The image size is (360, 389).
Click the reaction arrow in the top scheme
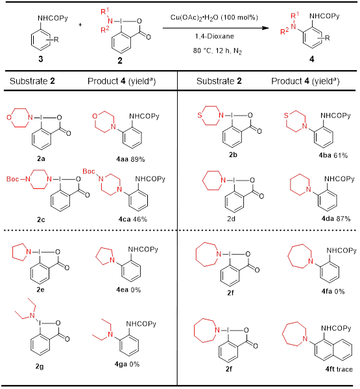click(215, 28)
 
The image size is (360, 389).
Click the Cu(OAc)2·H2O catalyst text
click(214, 18)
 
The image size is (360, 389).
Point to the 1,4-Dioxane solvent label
click(214, 36)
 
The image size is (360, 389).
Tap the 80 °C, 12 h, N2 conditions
click(217, 51)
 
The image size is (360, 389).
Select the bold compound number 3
click(41, 59)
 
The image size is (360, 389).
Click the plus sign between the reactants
click(80, 25)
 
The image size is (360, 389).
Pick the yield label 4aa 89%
click(130, 159)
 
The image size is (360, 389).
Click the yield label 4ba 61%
click(333, 156)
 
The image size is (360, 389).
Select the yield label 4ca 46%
click(133, 220)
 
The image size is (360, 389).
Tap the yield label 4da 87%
click(336, 219)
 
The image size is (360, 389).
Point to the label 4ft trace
click(339, 369)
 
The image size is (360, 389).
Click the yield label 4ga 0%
click(127, 364)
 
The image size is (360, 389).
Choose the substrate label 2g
click(40, 366)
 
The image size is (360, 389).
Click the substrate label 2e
click(41, 290)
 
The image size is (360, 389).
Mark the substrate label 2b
click(233, 155)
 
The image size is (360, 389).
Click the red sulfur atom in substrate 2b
click(200, 116)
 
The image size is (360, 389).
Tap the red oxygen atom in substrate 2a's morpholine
click(9, 118)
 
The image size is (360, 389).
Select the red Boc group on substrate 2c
click(12, 179)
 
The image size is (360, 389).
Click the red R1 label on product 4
click(294, 16)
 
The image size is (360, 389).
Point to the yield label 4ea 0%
click(128, 290)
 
